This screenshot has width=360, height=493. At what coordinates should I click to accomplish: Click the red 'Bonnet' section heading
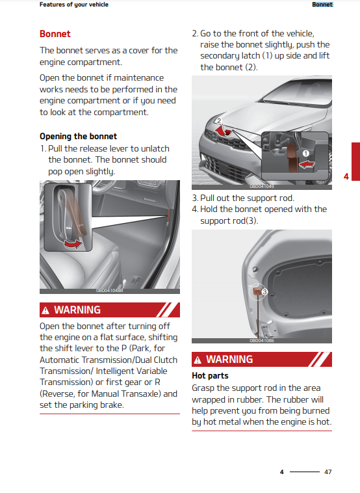55,34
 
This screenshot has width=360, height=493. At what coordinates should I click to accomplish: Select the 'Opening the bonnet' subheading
78,136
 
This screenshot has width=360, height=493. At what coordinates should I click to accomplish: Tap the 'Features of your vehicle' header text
74,5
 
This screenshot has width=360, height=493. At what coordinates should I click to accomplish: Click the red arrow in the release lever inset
73,244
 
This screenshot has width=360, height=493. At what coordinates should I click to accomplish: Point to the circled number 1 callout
305,153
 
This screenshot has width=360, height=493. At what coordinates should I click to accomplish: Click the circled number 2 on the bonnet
219,121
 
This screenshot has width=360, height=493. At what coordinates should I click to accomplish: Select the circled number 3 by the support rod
264,292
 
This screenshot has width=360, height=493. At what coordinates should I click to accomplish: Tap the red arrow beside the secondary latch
307,165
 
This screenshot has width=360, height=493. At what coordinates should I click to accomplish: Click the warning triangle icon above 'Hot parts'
198,360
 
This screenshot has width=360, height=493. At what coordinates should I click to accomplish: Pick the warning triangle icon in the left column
45,311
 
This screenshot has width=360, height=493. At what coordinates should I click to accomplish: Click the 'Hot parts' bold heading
210,376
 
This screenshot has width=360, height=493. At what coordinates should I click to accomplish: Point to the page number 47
328,472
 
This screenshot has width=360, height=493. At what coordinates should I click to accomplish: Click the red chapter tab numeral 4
346,176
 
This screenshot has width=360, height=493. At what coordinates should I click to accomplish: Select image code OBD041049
262,187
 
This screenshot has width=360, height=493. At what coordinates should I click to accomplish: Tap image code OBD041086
262,341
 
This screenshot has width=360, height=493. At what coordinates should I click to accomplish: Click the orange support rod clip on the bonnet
257,291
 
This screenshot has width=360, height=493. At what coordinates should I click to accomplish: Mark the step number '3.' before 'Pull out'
195,198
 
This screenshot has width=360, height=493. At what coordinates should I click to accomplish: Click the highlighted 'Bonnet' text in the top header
322,5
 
